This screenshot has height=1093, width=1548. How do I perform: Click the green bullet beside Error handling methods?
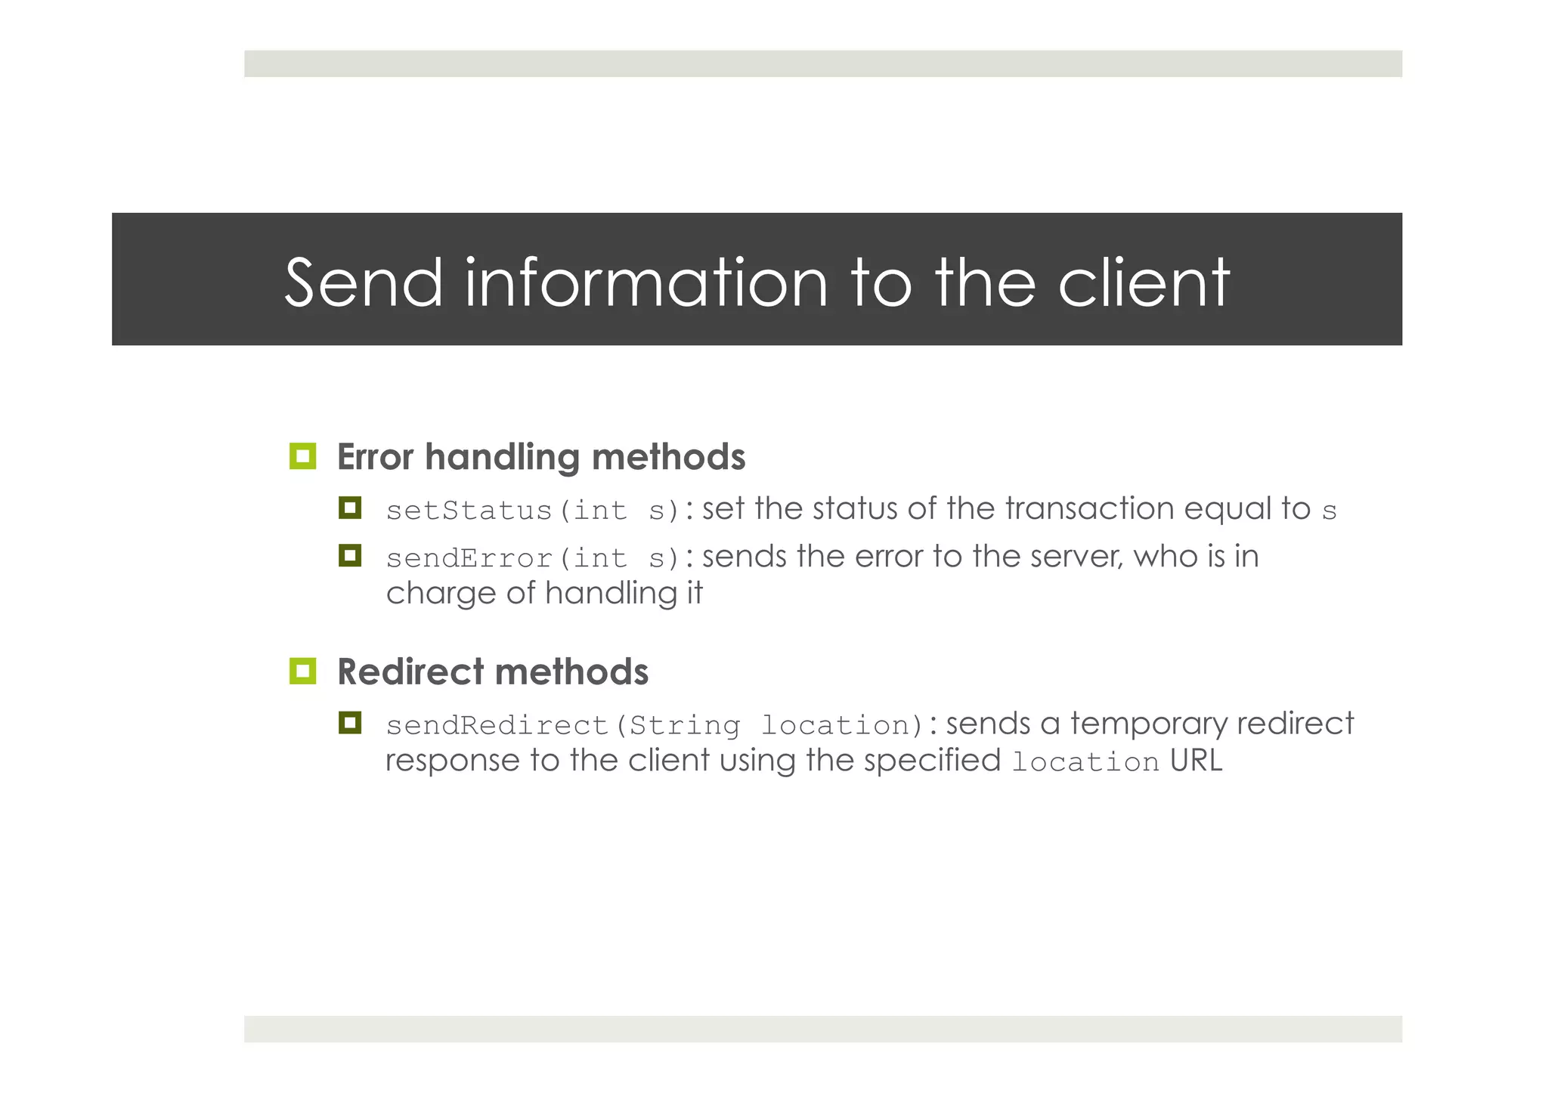302,456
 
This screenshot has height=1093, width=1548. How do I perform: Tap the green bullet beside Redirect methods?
302,671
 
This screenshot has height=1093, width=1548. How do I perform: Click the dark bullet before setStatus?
350,508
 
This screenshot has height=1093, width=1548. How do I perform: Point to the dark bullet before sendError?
350,556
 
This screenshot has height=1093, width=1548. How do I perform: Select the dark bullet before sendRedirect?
350,724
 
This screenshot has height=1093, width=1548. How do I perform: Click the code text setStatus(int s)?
534,511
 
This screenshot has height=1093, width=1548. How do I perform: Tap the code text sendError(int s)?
534,558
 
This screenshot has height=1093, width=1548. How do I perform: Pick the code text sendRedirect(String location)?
655,726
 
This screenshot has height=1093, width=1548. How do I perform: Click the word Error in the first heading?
376,457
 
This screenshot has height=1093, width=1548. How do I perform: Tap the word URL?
1196,761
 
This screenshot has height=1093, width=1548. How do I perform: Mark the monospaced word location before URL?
1085,762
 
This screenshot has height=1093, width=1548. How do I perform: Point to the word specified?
932,761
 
